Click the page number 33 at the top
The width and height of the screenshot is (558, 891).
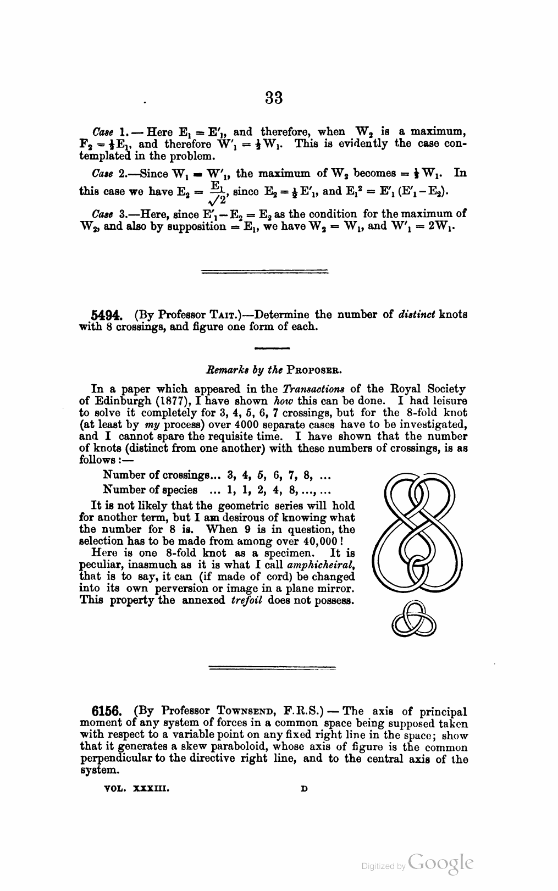tap(274, 98)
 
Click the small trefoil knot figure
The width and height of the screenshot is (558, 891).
tap(414, 618)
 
